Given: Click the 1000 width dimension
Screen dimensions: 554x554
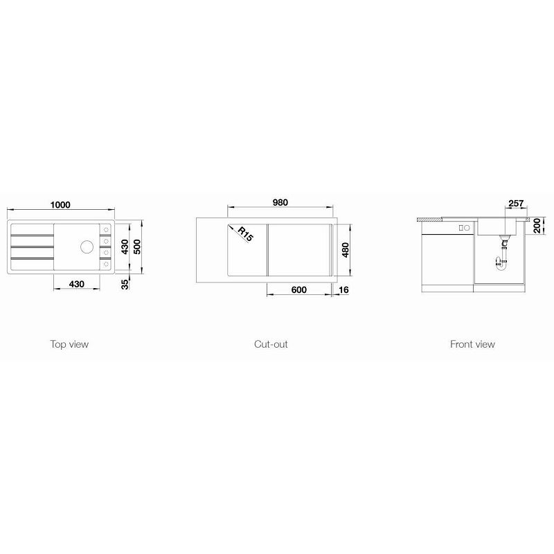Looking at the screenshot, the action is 60,204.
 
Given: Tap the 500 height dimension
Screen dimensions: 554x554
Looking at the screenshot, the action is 137,247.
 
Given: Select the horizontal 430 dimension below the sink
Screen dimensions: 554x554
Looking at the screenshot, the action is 76,284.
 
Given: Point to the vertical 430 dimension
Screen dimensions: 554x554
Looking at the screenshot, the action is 125,247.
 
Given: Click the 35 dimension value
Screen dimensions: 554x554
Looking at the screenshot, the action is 125,284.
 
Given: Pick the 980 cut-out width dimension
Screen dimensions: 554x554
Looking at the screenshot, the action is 280,202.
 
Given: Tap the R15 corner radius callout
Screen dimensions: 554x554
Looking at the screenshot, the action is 245,234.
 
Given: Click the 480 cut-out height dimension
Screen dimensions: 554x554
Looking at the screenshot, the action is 345,250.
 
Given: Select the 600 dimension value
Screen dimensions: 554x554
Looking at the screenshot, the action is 299,289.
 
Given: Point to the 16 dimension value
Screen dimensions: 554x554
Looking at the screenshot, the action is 343,289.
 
